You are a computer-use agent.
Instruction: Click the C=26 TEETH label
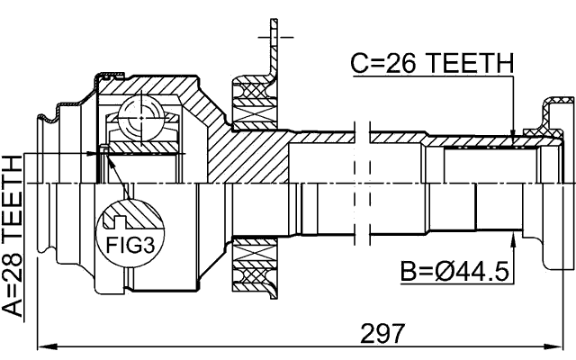[x=431, y=64]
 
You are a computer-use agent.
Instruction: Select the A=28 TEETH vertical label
[x=15, y=237]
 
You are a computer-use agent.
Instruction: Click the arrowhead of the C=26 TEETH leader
[x=513, y=139]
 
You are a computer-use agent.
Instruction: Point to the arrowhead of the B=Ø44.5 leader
[x=513, y=237]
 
